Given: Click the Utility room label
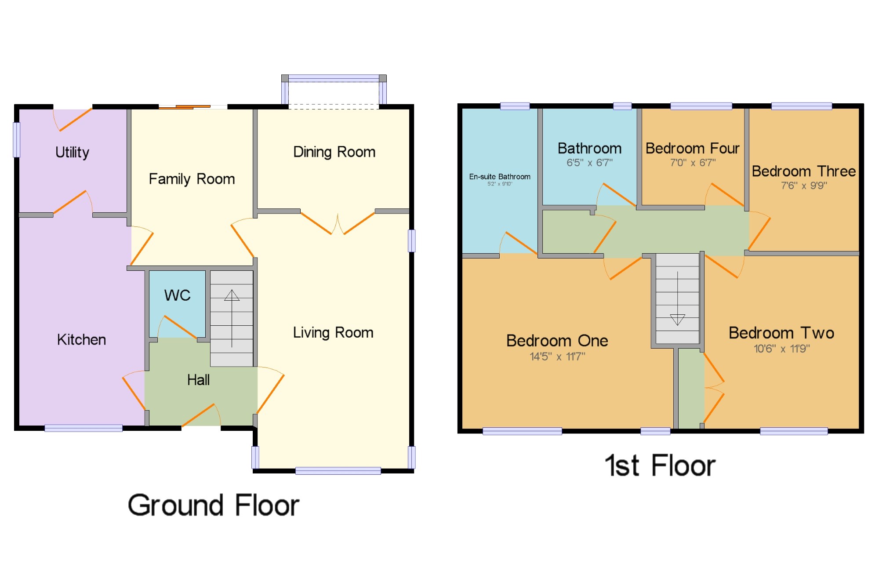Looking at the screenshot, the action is (72, 153).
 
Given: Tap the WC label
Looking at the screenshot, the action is (178, 295).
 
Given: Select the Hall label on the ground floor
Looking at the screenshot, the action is (198, 380).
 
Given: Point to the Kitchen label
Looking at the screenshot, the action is (81, 340).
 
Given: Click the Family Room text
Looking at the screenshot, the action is (192, 179).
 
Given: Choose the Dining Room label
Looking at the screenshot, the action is (334, 152).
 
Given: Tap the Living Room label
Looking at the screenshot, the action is (333, 333).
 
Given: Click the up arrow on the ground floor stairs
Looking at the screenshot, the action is (232, 319).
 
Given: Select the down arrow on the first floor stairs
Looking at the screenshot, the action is (678, 298).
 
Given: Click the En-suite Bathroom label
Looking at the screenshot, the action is (500, 177).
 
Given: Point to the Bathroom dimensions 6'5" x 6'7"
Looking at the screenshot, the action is (589, 163).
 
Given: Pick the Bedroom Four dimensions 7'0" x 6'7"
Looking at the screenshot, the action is (693, 163).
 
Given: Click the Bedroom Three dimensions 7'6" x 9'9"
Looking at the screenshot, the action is (804, 186).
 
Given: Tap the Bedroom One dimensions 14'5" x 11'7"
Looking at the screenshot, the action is (557, 357).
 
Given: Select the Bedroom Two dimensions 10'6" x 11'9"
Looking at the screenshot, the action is (782, 349).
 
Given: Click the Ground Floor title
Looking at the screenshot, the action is (214, 505).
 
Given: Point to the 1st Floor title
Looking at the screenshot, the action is (660, 466).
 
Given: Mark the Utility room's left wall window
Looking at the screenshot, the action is (17, 140).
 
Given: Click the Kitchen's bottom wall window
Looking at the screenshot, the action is (84, 428).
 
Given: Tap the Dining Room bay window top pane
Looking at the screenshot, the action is (334, 78).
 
